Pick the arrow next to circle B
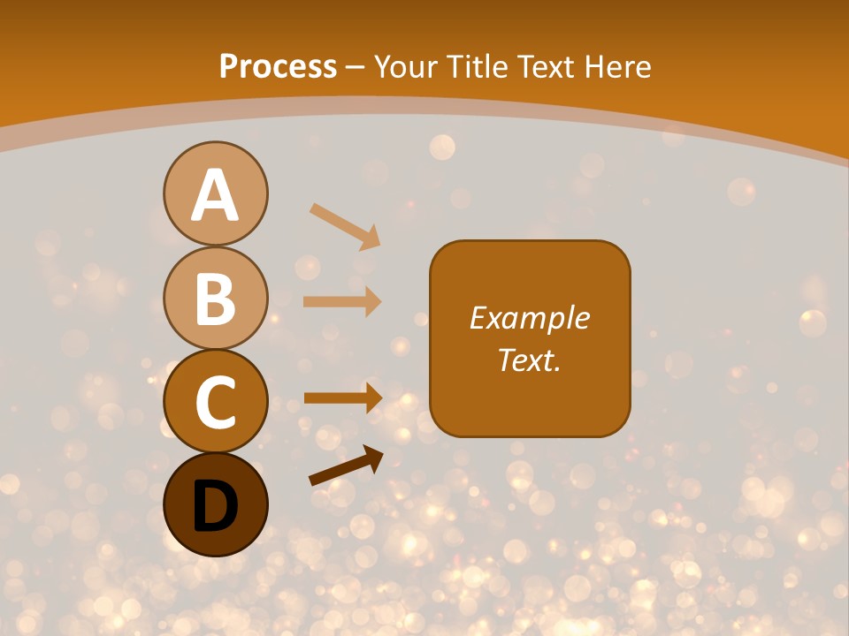click(342, 302)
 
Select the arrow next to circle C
click(343, 397)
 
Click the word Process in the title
click(278, 67)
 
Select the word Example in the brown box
click(530, 318)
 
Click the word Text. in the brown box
click(530, 360)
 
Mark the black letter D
click(215, 506)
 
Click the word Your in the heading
click(407, 67)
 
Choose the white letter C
click(215, 402)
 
